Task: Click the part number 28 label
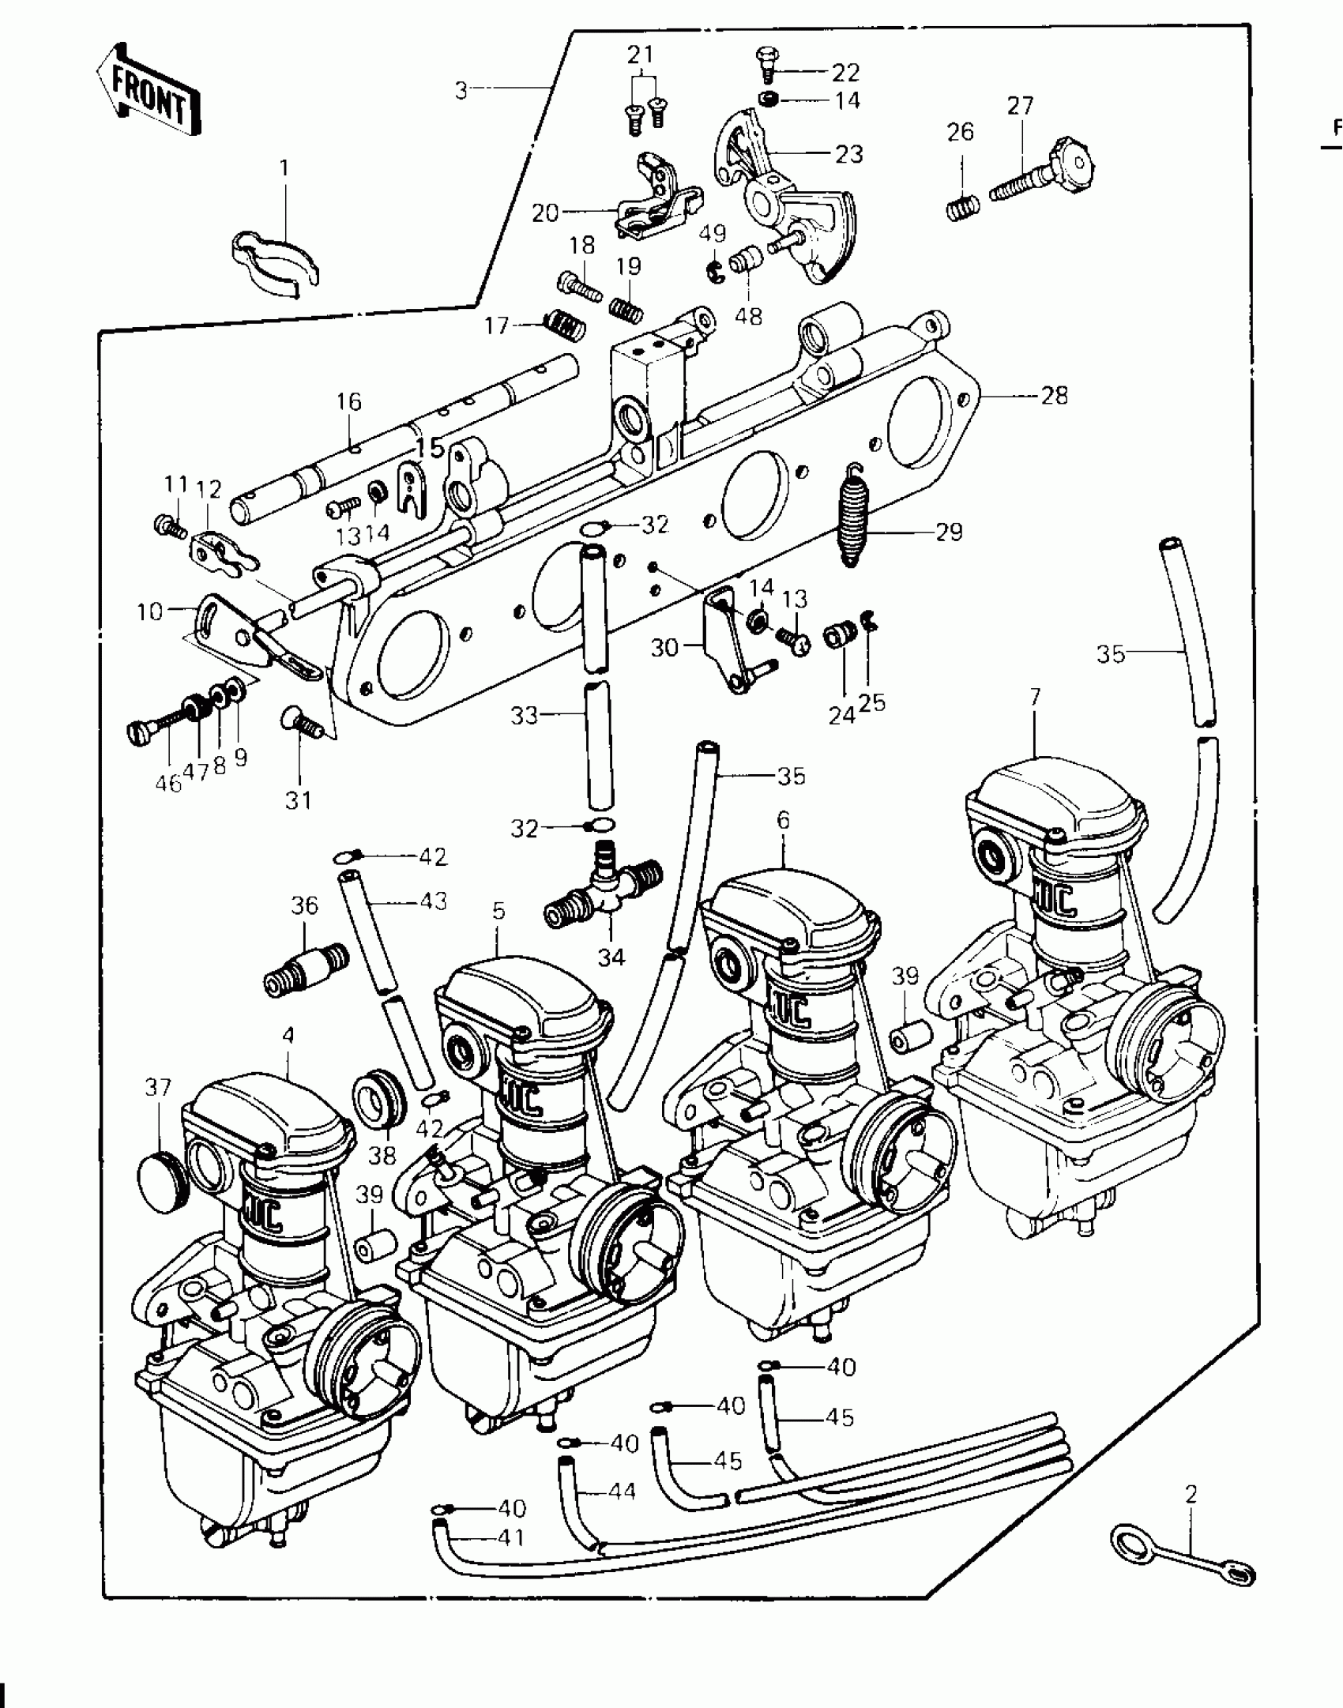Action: pos(1054,395)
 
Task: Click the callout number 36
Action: pos(304,905)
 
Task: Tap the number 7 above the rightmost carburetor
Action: pos(1035,698)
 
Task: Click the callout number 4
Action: pos(288,1036)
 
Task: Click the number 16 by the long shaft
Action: pos(348,402)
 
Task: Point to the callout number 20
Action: pos(545,213)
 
